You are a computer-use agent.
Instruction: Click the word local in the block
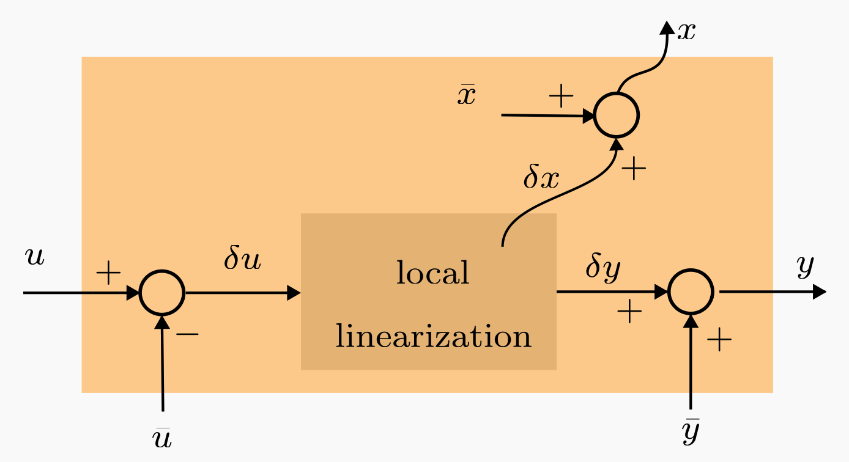432,273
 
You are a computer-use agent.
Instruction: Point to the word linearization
433,337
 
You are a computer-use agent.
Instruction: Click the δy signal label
603,268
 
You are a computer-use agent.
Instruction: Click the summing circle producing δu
162,293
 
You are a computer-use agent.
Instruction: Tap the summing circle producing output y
691,292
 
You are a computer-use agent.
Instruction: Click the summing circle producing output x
617,115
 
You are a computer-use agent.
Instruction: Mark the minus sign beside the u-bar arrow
187,334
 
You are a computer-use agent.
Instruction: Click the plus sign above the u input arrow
108,274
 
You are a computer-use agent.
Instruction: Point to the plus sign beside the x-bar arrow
561,97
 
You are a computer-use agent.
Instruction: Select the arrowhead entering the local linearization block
294,293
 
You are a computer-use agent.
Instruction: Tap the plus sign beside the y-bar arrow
719,339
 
